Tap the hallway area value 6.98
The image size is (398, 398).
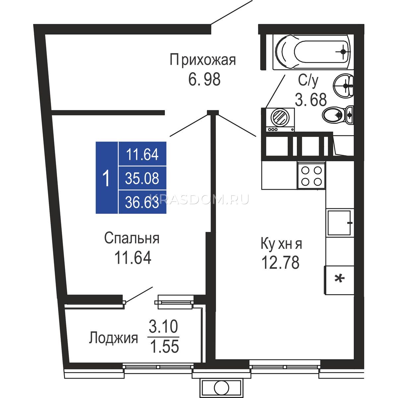click(x=204, y=79)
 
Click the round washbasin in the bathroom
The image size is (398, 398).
click(x=343, y=86)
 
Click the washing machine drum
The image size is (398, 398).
click(x=280, y=117)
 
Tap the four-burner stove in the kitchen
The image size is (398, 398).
click(x=311, y=175)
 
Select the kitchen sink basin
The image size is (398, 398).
click(x=340, y=223)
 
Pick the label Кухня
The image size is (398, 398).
click(x=281, y=244)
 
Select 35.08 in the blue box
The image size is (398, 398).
click(x=142, y=178)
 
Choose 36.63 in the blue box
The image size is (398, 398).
click(x=142, y=202)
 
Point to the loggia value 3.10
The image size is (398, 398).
click(x=163, y=326)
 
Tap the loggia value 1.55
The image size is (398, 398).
click(x=165, y=347)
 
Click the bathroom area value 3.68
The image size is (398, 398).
click(x=311, y=99)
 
